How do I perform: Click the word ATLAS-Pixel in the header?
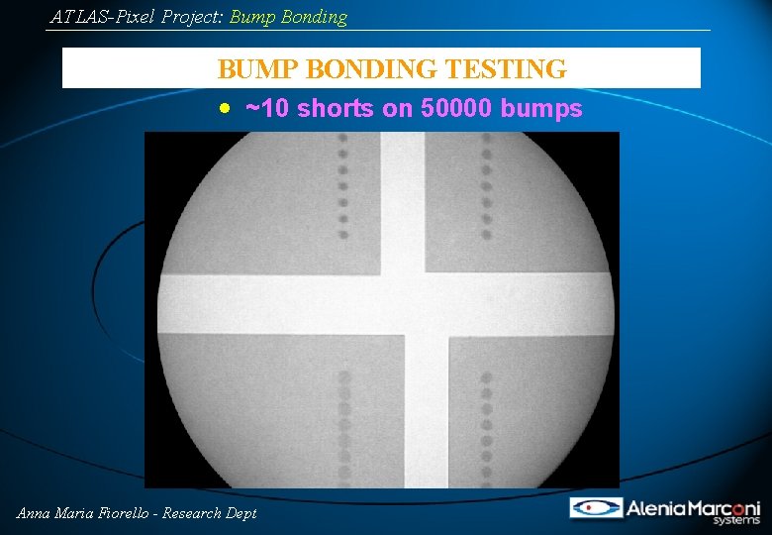coord(103,17)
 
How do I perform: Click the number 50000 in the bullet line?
coord(457,109)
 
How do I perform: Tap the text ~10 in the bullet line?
coord(267,109)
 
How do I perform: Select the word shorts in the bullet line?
coord(337,109)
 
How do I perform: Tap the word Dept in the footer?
coord(242,513)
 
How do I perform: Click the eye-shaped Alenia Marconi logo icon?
coord(596,508)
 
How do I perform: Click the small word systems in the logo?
coord(738,520)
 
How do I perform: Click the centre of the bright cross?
coord(404,303)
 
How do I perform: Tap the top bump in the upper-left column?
coord(343,140)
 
